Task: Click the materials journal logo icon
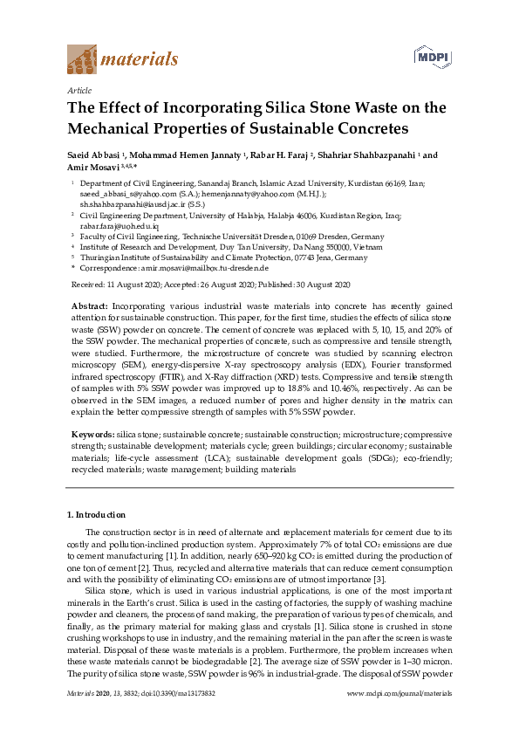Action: tap(82, 59)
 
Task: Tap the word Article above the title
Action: tap(79, 90)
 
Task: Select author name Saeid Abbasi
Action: tap(97, 155)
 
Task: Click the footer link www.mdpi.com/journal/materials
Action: tap(399, 717)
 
